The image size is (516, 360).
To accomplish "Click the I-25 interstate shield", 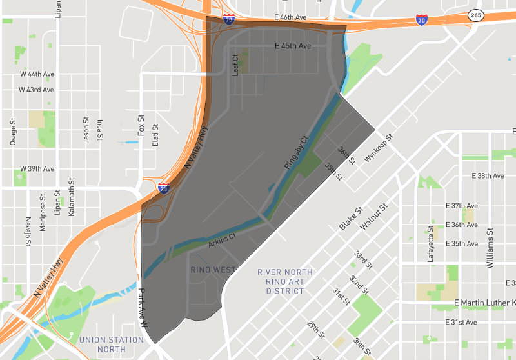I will (x=164, y=188).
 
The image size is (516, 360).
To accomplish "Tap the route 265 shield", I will (x=476, y=15).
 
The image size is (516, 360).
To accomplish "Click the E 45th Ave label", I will (x=292, y=46).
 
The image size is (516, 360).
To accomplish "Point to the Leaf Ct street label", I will (x=235, y=65).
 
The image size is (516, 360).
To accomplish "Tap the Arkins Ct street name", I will (x=222, y=241).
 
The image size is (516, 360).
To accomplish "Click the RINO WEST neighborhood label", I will (x=213, y=270).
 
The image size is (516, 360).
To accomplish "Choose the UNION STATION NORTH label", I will (x=112, y=345).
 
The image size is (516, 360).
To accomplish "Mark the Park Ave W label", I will (x=143, y=314).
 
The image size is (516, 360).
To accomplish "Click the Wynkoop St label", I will (x=379, y=148).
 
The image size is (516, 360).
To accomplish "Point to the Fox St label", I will (x=140, y=125).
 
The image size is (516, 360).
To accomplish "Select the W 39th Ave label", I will (x=37, y=169).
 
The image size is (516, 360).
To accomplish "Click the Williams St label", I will (x=490, y=247).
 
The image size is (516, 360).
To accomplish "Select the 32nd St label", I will (x=358, y=284).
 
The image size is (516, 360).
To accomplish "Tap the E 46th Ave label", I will (x=290, y=17).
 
